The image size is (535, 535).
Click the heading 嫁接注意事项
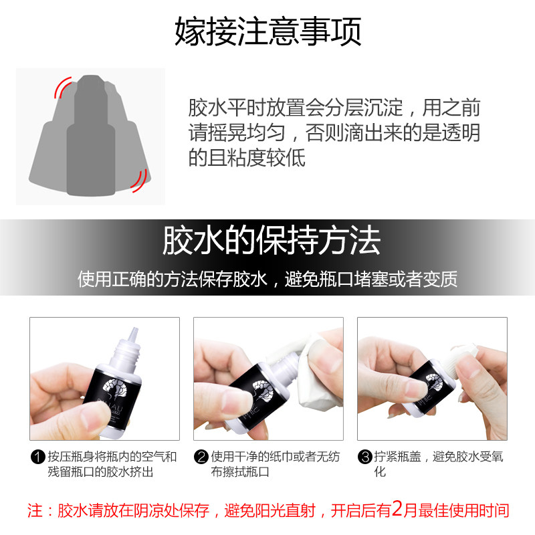point(268,31)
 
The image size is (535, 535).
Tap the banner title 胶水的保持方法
point(272,240)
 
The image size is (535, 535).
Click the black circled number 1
point(38,457)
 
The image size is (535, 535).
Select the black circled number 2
point(201,457)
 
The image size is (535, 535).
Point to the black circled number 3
point(364,457)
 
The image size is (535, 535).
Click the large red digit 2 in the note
point(397,509)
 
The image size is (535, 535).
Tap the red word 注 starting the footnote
point(35,511)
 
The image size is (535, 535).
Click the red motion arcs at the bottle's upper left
point(62,87)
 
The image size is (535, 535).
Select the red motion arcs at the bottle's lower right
point(140,181)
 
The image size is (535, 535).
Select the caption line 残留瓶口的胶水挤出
point(100,472)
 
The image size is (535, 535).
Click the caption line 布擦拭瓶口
point(240,472)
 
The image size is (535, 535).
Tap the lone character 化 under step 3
point(380,472)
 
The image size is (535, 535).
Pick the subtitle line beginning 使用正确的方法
point(267,279)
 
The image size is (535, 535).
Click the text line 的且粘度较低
point(247,158)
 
